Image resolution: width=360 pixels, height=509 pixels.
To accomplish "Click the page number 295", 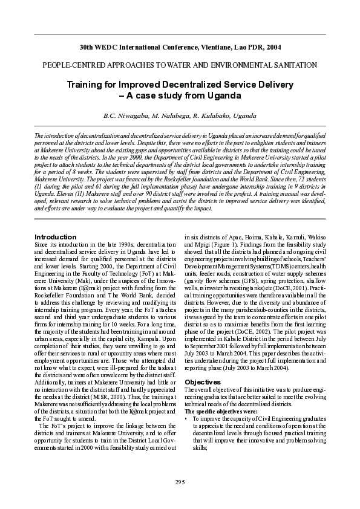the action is click(180, 481).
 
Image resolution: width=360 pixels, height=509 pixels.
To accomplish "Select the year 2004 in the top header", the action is click(273, 47).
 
